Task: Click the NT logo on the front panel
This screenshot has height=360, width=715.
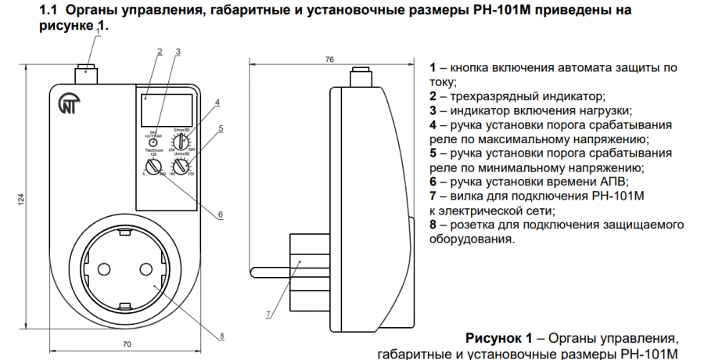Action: [x=69, y=105]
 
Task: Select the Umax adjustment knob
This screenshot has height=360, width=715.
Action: [x=181, y=142]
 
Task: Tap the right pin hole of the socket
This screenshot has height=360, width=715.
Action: [x=146, y=269]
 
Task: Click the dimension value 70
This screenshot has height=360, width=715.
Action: [x=126, y=344]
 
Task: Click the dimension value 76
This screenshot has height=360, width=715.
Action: [x=329, y=59]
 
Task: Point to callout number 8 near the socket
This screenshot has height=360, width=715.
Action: [x=221, y=337]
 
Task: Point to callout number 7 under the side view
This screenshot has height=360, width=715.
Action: [x=268, y=315]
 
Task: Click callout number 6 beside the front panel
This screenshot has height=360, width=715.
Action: [x=221, y=214]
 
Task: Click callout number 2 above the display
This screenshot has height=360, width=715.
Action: [x=160, y=52]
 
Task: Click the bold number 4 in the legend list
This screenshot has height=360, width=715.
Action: [x=433, y=124]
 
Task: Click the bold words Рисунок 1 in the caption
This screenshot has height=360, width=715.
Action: [x=498, y=338]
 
